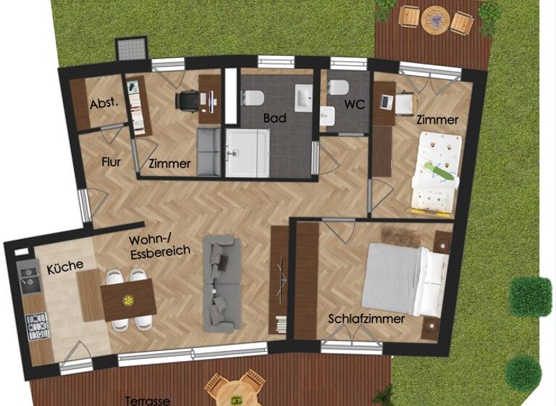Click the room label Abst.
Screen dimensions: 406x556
click(104, 104)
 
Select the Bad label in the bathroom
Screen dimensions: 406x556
click(274, 117)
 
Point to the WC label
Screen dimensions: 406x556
click(355, 104)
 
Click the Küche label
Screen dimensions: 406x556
click(65, 266)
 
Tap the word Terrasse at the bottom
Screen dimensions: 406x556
click(147, 400)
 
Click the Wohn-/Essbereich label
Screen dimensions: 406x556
click(159, 246)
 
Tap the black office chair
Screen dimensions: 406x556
click(188, 101)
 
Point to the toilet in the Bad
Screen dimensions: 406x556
click(253, 98)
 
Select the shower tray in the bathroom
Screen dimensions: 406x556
click(247, 153)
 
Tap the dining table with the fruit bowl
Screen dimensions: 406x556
click(129, 299)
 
